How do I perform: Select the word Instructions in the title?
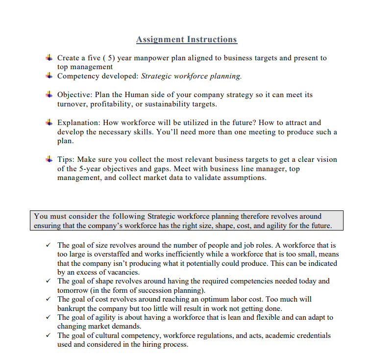pos(212,40)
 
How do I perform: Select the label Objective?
pos(75,95)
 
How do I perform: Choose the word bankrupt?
pos(73,309)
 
